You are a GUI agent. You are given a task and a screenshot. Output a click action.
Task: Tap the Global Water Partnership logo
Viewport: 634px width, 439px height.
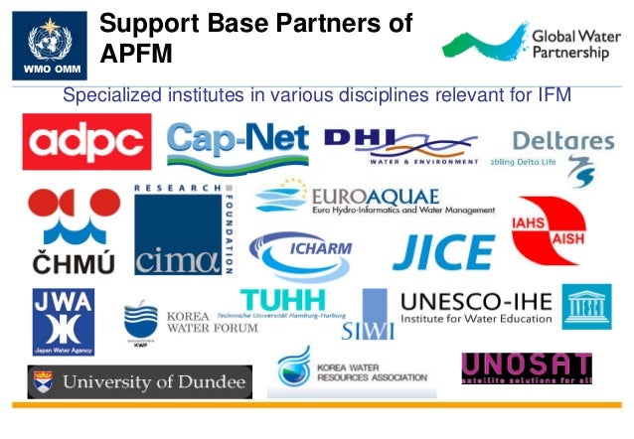pyautogui.click(x=527, y=42)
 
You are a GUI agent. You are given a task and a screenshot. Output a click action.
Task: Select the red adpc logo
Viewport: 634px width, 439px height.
pyautogui.click(x=87, y=142)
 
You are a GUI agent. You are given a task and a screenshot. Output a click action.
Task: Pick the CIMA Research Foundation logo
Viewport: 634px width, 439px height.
pyautogui.click(x=184, y=230)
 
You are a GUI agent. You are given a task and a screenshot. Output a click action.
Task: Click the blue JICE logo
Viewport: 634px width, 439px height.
pyautogui.click(x=443, y=253)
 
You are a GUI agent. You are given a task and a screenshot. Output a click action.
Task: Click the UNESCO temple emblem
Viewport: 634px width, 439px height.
pyautogui.click(x=586, y=306)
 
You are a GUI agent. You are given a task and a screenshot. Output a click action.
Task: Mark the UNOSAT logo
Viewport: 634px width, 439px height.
pyautogui.click(x=526, y=368)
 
